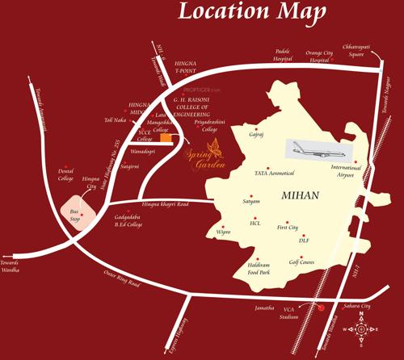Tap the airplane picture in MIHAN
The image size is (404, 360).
(x=316, y=151)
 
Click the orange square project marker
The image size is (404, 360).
(x=166, y=139)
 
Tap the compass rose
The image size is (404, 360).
(x=361, y=329)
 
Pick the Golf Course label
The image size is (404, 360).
(x=301, y=262)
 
